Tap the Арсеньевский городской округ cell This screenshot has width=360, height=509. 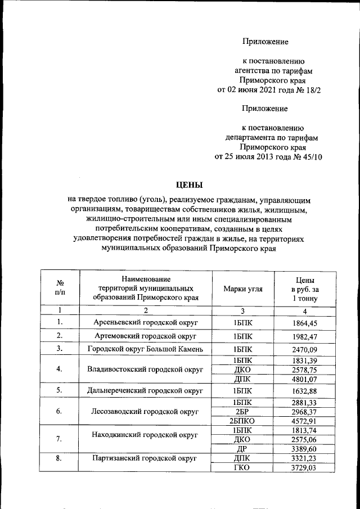(x=146, y=323)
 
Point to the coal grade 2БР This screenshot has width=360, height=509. (x=242, y=411)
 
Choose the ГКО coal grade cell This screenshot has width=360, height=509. (x=242, y=467)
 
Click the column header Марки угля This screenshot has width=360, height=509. (x=242, y=289)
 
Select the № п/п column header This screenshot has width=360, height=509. (x=60, y=289)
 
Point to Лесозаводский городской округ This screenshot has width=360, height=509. (x=146, y=411)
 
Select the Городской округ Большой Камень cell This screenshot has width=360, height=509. (x=146, y=349)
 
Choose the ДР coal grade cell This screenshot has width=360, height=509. (x=242, y=448)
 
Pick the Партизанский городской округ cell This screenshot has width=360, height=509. (x=146, y=458)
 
